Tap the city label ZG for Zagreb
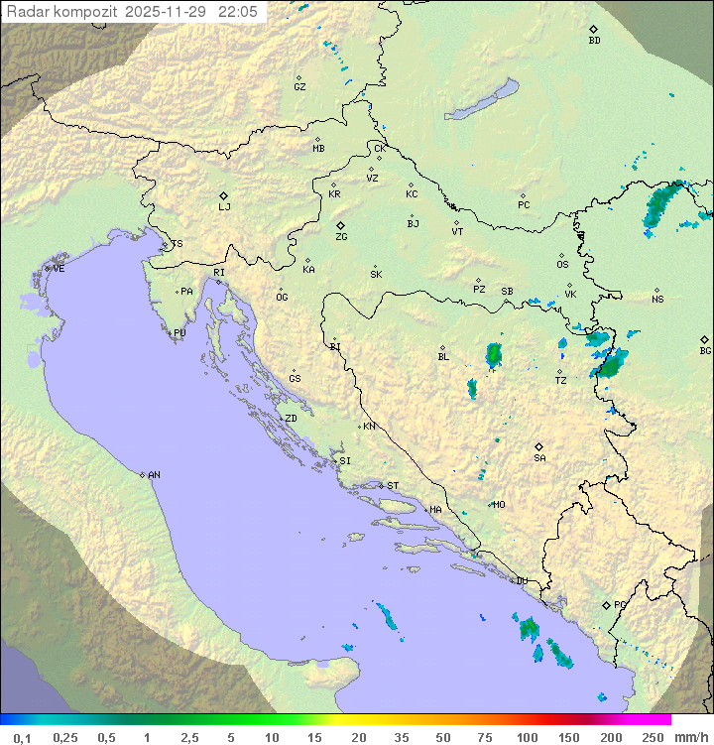(341, 237)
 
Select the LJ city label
(224, 207)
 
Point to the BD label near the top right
(594, 41)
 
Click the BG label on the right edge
(705, 350)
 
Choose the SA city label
(539, 458)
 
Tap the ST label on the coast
(393, 485)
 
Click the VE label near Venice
(59, 269)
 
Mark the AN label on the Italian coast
(154, 475)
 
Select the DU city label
(521, 581)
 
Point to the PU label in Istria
(179, 333)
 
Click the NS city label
(657, 300)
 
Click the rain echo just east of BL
(494, 354)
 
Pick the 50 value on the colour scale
(441, 737)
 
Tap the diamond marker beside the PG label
(606, 604)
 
